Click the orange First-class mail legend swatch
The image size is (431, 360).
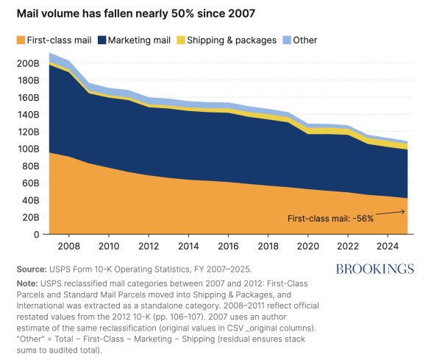pos(21,40)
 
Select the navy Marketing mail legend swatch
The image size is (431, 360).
pos(102,40)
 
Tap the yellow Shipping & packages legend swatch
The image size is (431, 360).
pos(181,40)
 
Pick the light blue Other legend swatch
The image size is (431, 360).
pos(287,40)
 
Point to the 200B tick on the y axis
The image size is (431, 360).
pos(28,63)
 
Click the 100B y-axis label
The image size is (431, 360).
pos(28,149)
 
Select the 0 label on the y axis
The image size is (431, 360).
pos(37,235)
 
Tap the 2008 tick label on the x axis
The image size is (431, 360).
pos(68,246)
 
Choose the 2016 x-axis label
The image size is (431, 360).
pos(228,246)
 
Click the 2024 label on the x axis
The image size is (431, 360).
pos(388,246)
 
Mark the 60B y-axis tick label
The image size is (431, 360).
pos(29,183)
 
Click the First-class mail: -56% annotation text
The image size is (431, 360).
pos(330,219)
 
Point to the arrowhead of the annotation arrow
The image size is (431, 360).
pos(404,211)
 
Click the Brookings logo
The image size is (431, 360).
pos(375,269)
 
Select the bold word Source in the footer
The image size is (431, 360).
pos(32,269)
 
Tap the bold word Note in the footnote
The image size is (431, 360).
pos(27,283)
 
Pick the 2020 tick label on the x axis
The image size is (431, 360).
pos(308,246)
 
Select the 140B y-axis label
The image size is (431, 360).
pos(28,115)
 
